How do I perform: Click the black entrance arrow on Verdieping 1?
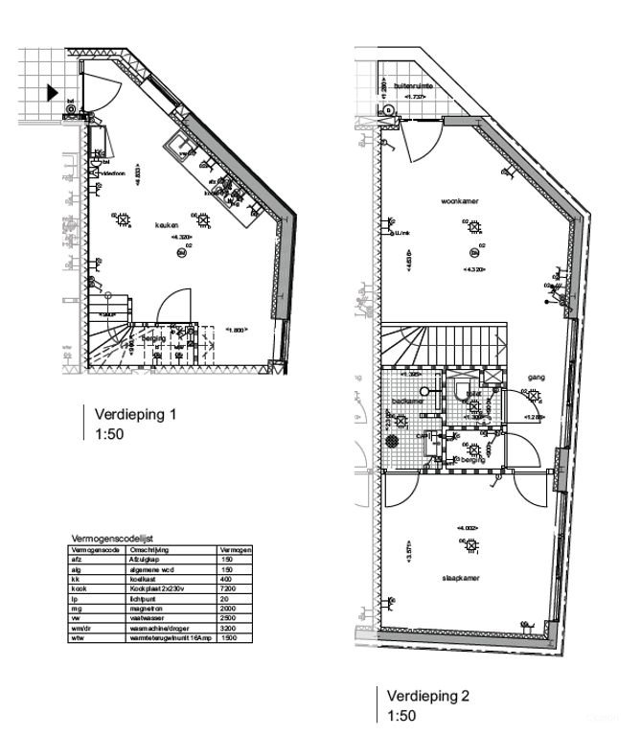(51, 93)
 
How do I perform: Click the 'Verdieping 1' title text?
(135, 415)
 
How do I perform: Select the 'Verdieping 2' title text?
(428, 695)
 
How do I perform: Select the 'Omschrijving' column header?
(149, 550)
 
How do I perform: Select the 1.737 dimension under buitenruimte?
(414, 97)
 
